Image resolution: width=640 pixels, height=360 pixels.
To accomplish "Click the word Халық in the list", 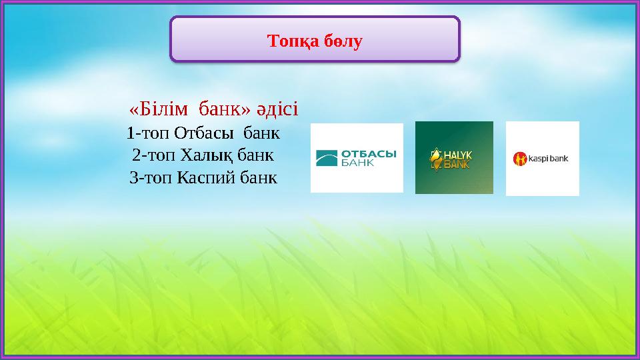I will click(x=204, y=156).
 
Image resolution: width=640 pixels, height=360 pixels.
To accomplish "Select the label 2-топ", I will click(x=154, y=156).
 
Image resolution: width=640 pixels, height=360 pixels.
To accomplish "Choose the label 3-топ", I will click(x=151, y=178).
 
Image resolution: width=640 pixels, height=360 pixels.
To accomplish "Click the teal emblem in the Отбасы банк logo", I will click(x=327, y=158).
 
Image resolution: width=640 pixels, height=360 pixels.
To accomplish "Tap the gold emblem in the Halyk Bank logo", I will click(x=436, y=159).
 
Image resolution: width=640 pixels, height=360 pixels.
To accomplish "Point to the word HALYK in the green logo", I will click(x=458, y=154).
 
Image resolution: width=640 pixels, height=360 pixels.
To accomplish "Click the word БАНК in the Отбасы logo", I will click(x=359, y=163).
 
